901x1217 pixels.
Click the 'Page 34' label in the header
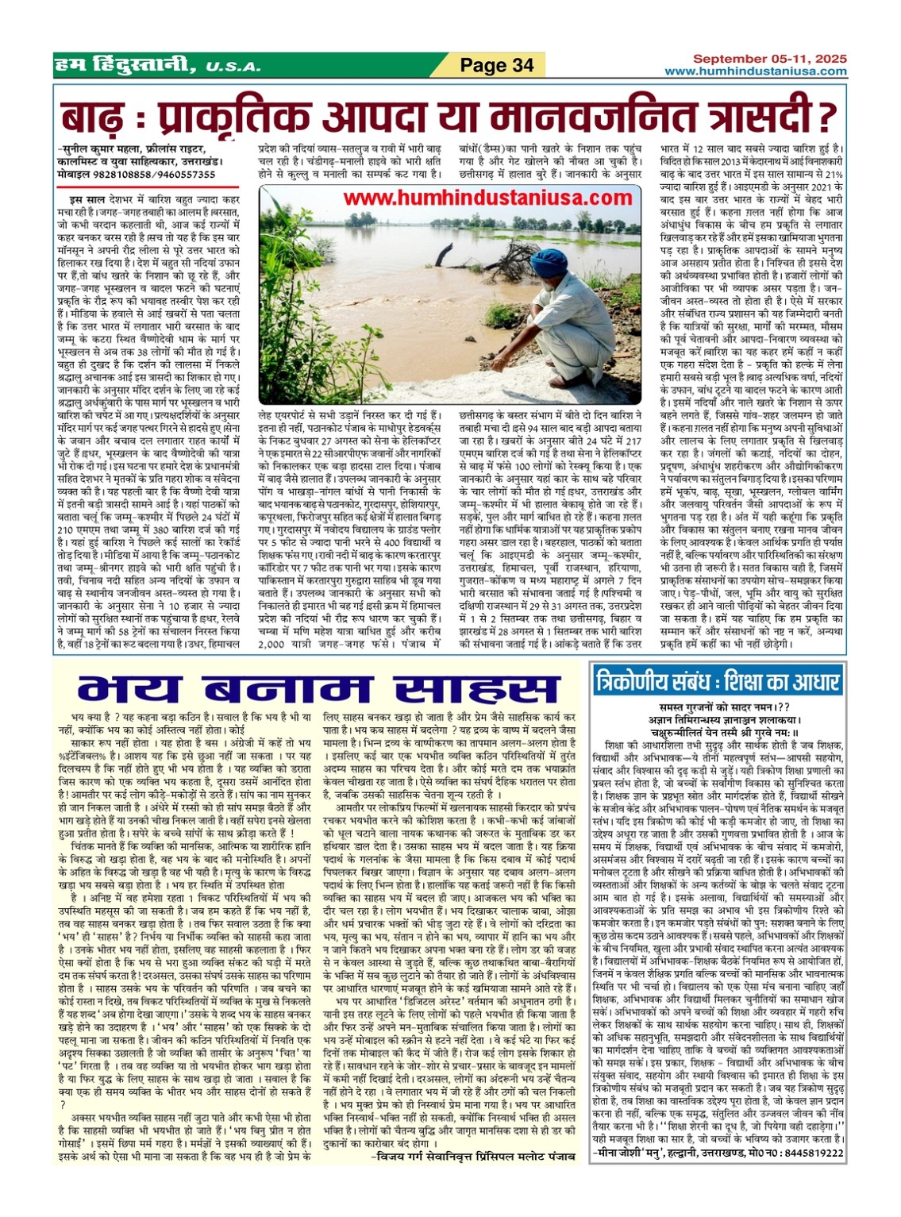(498, 65)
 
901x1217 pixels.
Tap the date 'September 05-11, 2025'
(769, 59)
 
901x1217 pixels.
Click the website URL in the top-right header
(756, 71)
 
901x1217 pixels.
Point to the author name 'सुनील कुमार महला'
(103, 148)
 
